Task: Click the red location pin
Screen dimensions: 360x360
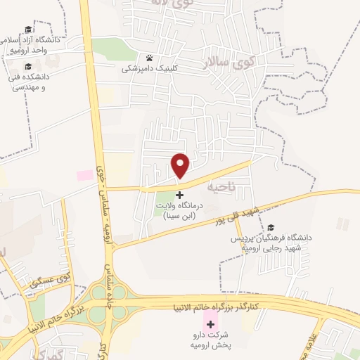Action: click(181, 165)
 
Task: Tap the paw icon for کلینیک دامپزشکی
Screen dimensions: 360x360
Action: click(149, 58)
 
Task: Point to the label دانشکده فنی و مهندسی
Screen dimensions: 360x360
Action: click(28, 82)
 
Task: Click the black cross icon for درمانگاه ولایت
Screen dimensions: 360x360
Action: click(179, 194)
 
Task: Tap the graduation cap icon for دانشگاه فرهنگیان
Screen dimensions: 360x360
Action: click(271, 227)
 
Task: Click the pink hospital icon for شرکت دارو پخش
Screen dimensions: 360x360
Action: click(209, 324)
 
